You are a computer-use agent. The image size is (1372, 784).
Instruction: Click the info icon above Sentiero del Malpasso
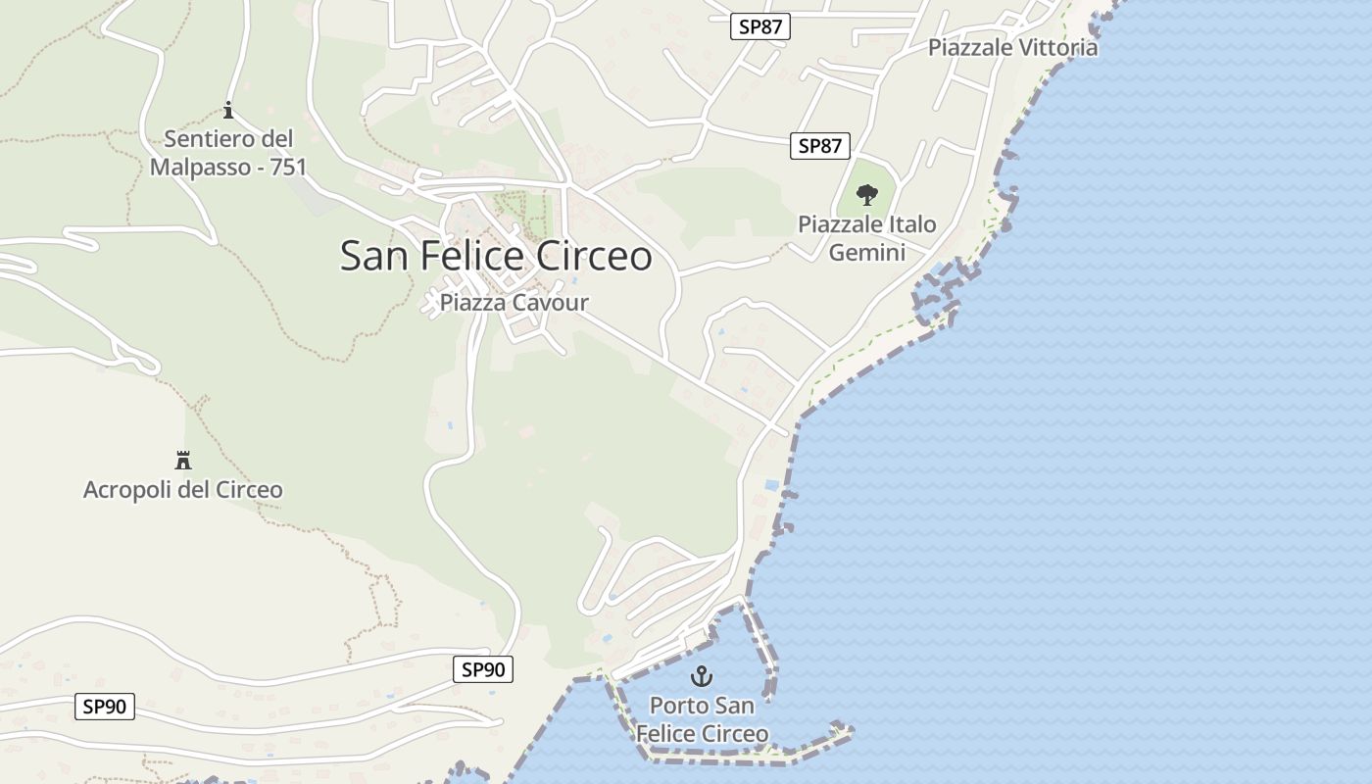[x=228, y=110]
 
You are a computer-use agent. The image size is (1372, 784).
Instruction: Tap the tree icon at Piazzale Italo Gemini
[x=866, y=195]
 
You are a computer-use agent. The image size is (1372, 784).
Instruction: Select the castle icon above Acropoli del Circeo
[x=182, y=460]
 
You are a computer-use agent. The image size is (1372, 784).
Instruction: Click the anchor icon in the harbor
[x=702, y=675]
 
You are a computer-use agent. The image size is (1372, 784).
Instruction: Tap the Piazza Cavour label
[x=514, y=302]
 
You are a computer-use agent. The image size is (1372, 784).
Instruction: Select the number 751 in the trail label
[x=288, y=167]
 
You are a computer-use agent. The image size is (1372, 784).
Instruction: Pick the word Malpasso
[x=200, y=167]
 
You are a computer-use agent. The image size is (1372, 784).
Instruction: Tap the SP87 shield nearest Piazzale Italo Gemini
[x=820, y=146]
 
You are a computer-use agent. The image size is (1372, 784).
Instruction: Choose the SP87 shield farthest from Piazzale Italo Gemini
[x=759, y=26]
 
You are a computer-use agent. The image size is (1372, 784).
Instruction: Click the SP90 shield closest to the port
[x=483, y=669]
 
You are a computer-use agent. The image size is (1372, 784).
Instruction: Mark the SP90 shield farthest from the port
[x=104, y=706]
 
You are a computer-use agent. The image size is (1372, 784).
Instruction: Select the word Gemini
[x=866, y=253]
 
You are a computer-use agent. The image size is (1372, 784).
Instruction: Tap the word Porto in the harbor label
[x=678, y=706]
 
